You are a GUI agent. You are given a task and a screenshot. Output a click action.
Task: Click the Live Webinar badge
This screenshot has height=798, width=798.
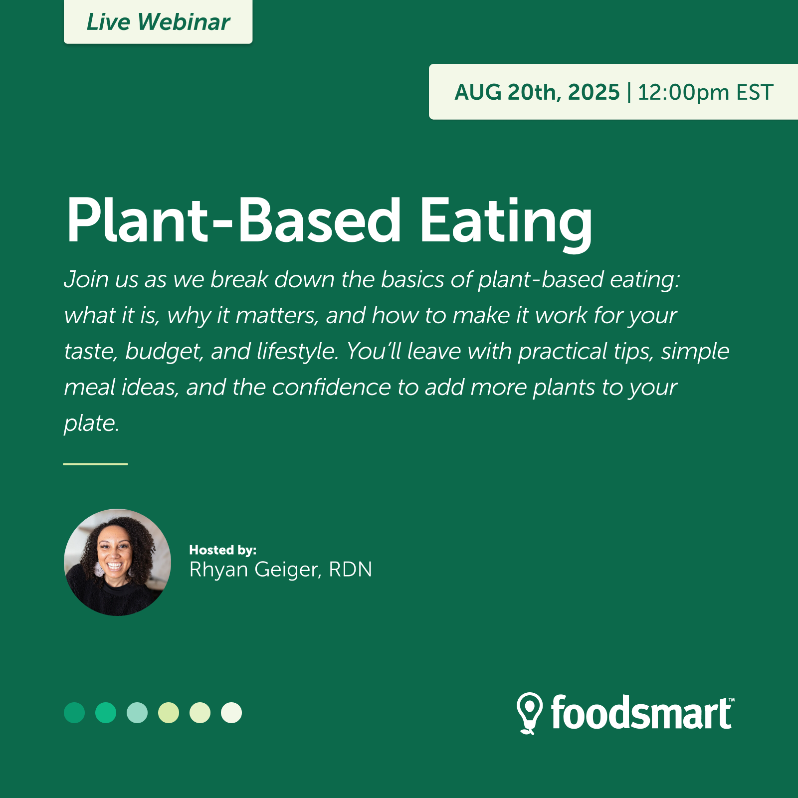(158, 22)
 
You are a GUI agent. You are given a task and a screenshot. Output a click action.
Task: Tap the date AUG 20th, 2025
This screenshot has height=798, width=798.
(537, 92)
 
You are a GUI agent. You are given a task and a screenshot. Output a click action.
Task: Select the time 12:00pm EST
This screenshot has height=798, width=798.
(705, 92)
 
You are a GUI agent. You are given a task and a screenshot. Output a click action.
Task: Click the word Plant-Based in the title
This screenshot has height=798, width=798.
(233, 220)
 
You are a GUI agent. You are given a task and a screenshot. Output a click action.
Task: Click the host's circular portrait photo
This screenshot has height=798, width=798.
(118, 562)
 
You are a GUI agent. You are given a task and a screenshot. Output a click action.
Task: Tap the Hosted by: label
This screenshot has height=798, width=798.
(223, 550)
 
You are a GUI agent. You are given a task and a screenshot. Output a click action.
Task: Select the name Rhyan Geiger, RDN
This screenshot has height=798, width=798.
(281, 570)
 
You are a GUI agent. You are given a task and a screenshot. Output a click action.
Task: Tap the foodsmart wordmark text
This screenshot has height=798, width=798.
(641, 713)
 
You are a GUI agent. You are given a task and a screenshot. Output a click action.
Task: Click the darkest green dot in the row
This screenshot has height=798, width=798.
(74, 713)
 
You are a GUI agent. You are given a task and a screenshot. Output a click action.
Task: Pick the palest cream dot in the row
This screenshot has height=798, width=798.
(231, 713)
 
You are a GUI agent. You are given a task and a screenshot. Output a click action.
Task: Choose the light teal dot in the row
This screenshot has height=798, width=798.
(137, 713)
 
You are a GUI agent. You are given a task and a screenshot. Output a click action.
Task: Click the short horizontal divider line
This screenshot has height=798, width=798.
(95, 464)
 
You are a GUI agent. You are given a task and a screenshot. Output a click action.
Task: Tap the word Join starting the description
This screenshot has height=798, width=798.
(86, 280)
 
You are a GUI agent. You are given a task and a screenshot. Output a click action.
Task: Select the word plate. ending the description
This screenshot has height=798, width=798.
(92, 424)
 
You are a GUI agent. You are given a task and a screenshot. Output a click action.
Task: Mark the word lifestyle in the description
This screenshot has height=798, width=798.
(298, 352)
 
